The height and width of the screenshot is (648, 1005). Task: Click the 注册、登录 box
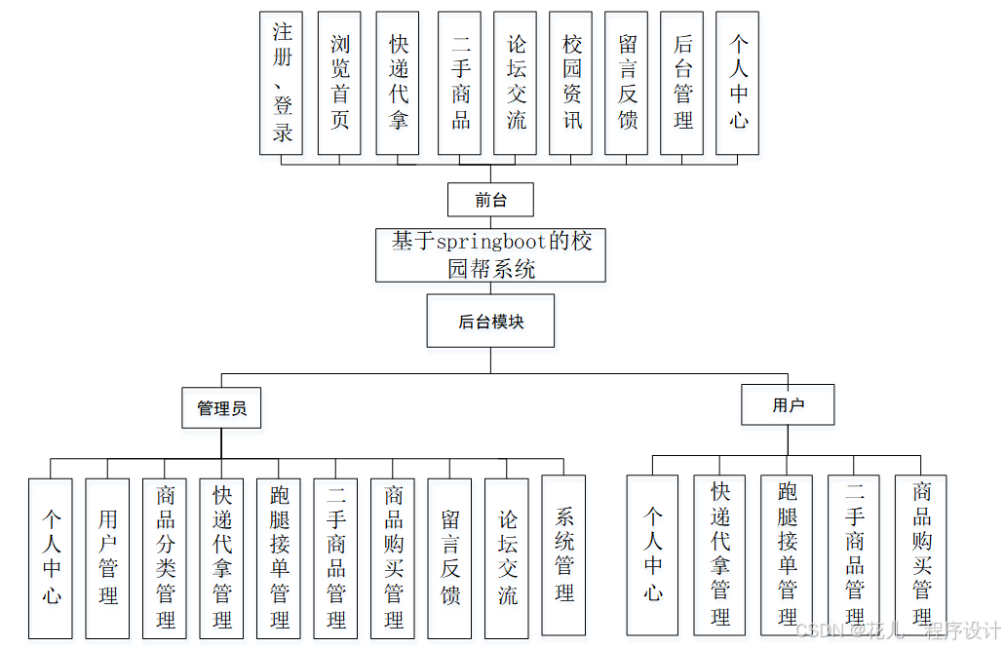coord(282,83)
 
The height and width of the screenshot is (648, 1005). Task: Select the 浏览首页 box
coord(339,83)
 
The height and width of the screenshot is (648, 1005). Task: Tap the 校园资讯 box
coord(571,83)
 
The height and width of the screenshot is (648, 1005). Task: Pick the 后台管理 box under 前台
coord(682,83)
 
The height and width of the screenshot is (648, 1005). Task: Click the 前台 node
coord(490,200)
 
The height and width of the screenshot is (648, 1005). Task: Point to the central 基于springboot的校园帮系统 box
coord(490,255)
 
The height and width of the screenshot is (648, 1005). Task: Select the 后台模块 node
coord(490,321)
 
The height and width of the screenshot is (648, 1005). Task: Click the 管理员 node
coord(221,407)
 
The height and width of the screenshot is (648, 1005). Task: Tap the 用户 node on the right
coord(788,404)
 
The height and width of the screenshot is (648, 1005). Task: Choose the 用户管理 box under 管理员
coord(107,557)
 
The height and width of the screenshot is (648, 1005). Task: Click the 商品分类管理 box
coord(165,557)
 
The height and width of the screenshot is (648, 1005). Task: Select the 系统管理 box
coord(563,554)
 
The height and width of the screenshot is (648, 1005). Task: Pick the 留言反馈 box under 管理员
coord(449,557)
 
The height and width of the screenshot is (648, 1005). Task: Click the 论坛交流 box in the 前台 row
coord(516,83)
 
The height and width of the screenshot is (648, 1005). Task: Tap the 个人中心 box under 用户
coord(652,554)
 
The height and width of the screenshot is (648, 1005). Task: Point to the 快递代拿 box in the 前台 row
coord(398,83)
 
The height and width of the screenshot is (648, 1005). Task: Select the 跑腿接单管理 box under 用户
coord(787,554)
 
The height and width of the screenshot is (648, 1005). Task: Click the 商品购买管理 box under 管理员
coord(393,557)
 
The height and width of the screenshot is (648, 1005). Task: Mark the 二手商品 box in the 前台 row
coord(460,83)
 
